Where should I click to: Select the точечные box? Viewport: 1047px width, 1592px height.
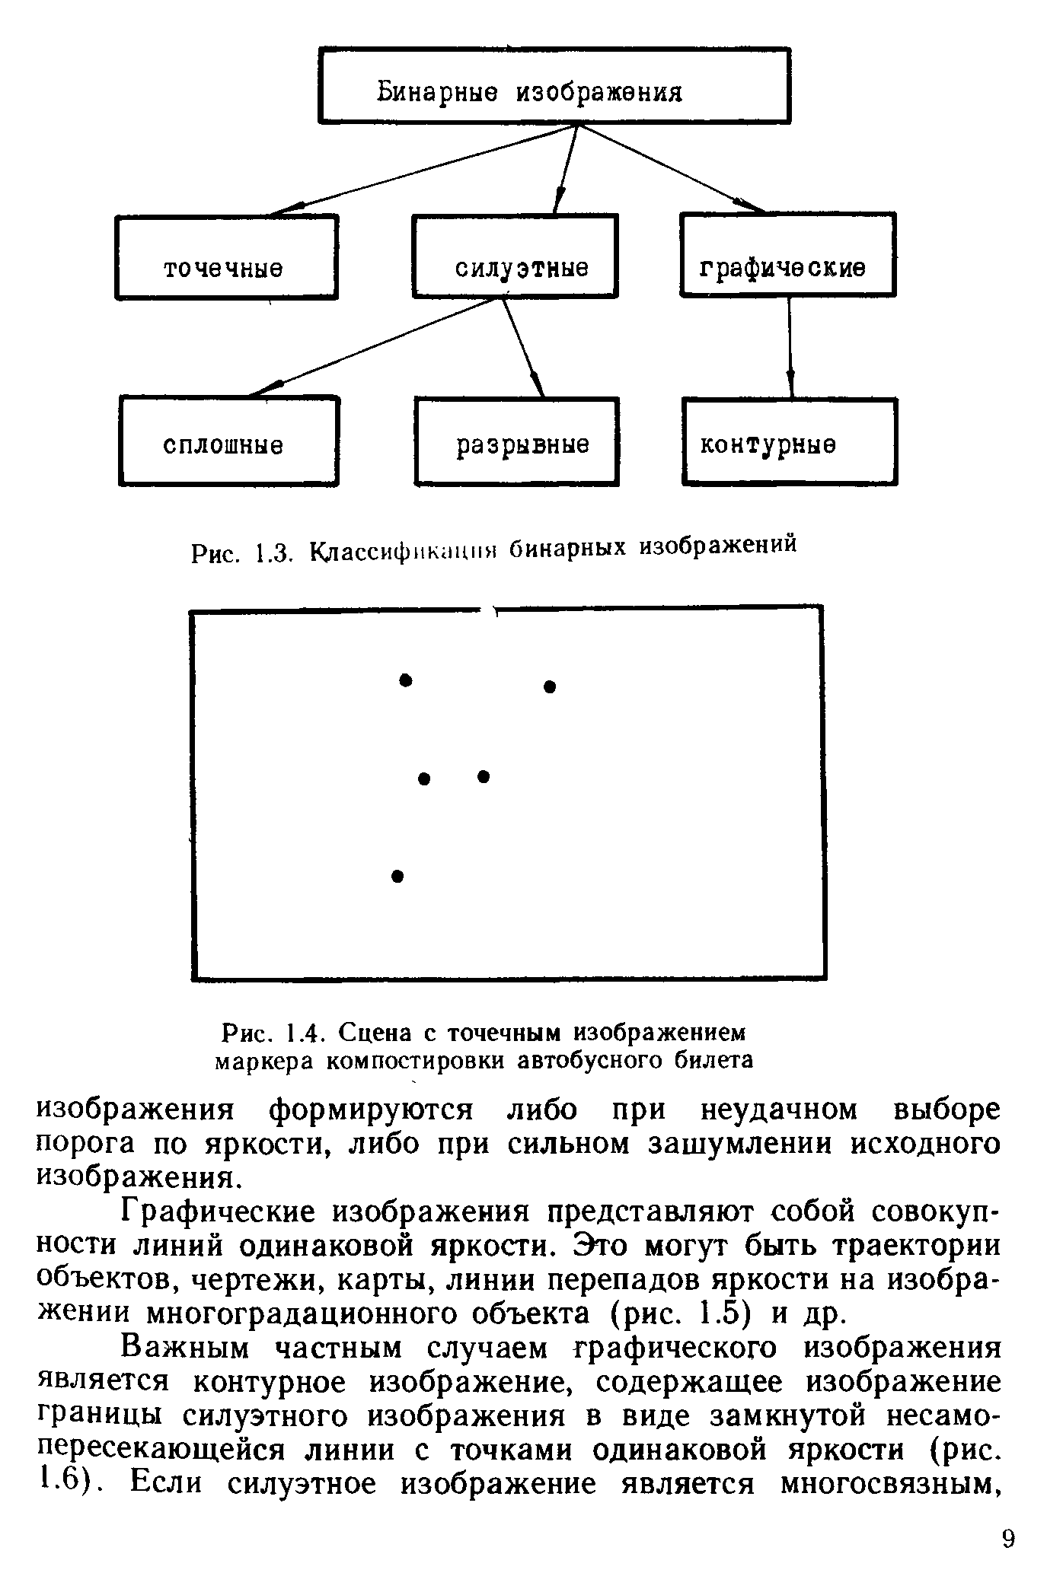coord(226,256)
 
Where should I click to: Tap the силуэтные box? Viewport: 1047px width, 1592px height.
coord(515,256)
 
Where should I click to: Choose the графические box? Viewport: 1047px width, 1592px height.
coord(787,254)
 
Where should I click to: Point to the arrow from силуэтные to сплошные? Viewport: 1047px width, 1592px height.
coord(373,346)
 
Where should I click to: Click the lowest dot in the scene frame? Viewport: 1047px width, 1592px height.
coord(397,876)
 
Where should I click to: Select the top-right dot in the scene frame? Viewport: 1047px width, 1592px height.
coord(551,686)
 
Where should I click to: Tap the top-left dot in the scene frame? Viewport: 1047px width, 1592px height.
coord(406,679)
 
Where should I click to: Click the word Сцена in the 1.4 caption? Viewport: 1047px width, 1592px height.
coord(376,1033)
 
